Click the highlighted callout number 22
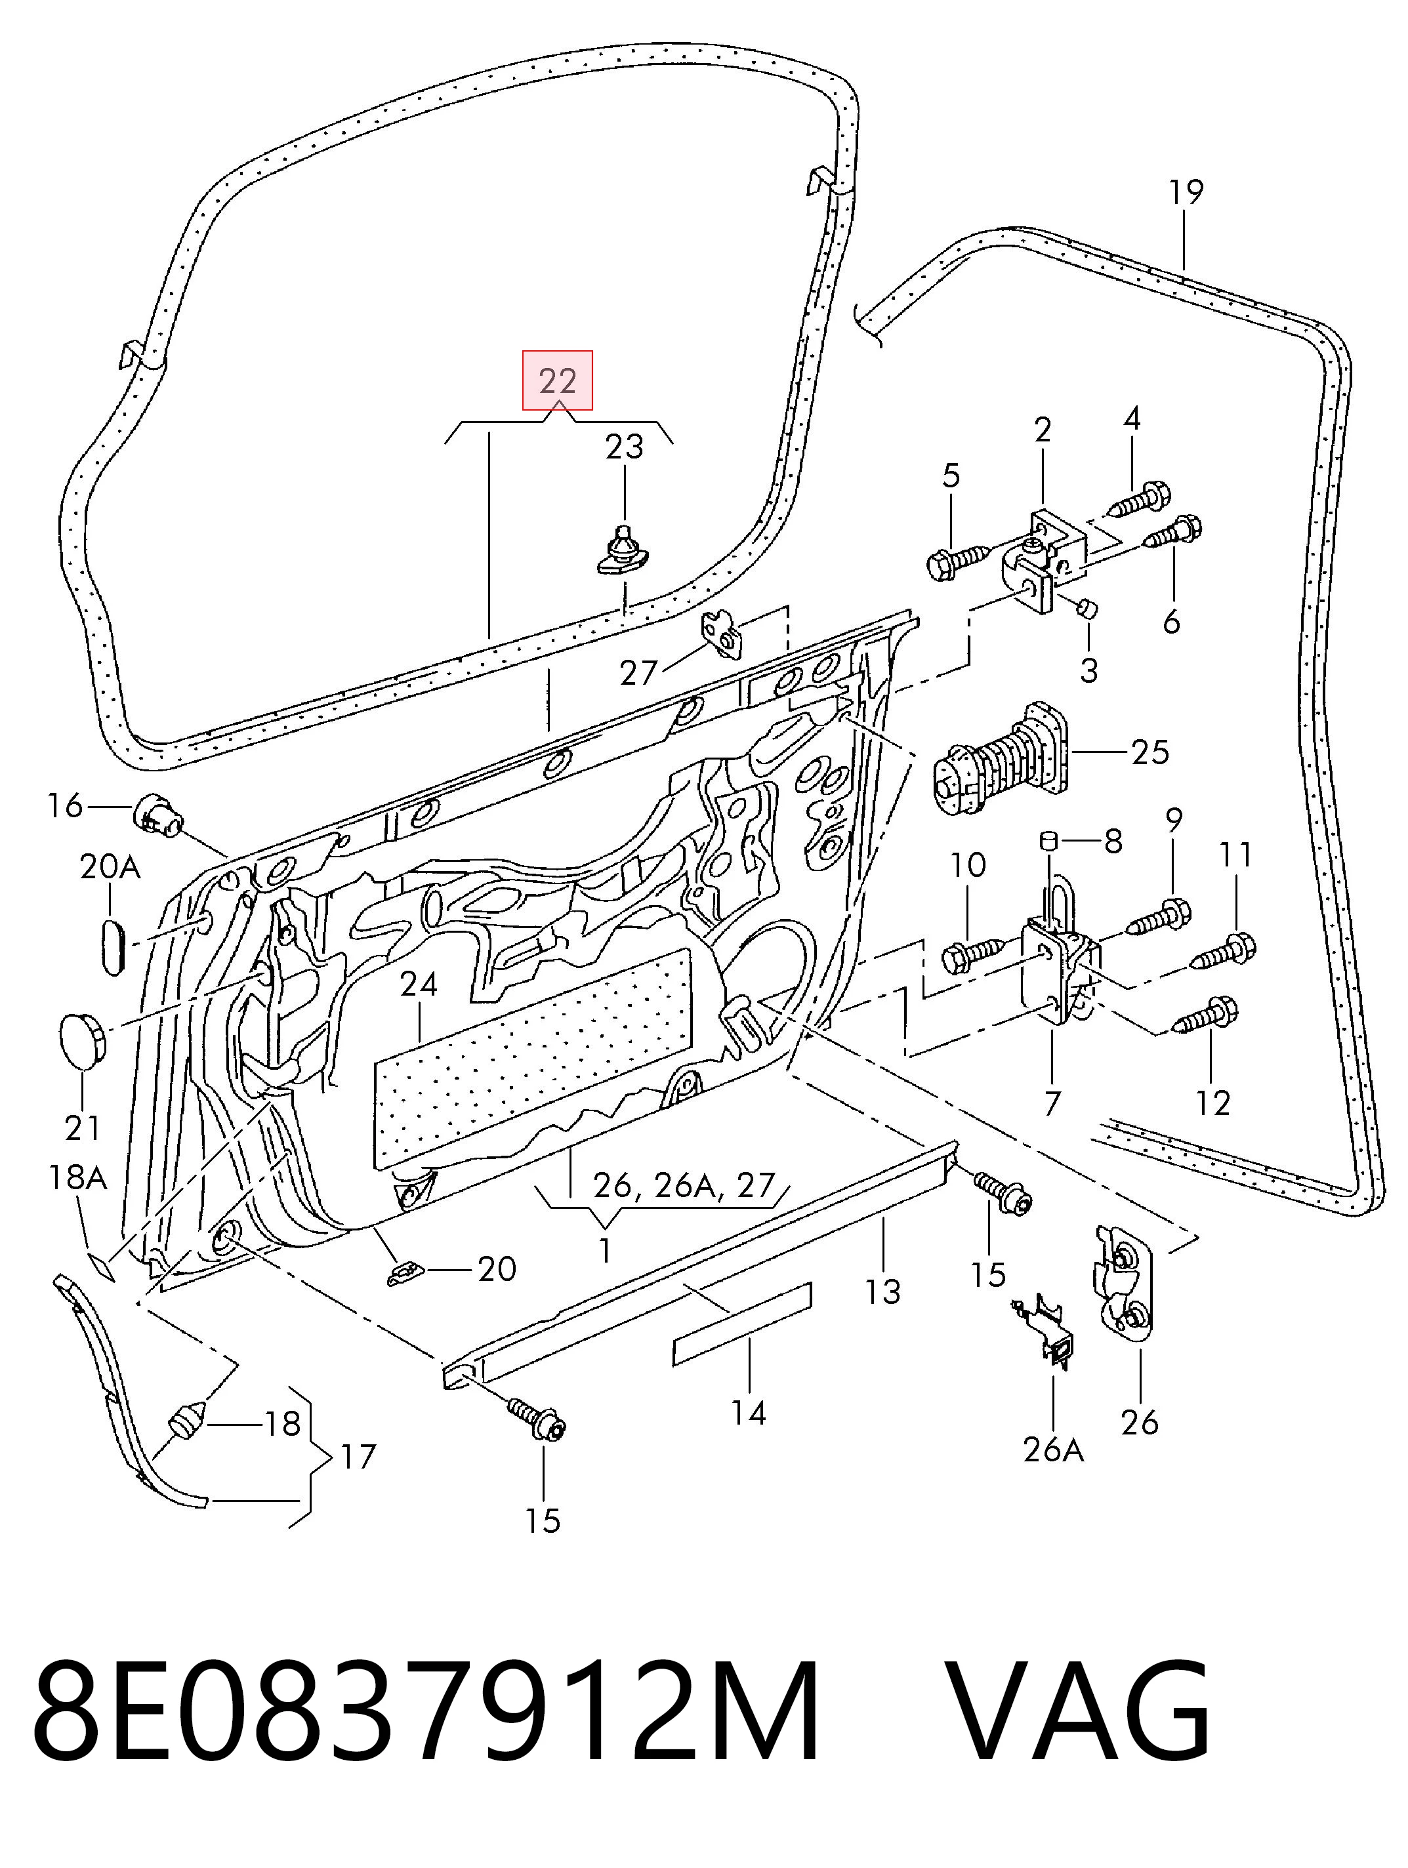(558, 381)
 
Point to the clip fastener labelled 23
(621, 550)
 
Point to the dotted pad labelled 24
(531, 1059)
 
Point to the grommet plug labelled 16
(158, 815)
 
